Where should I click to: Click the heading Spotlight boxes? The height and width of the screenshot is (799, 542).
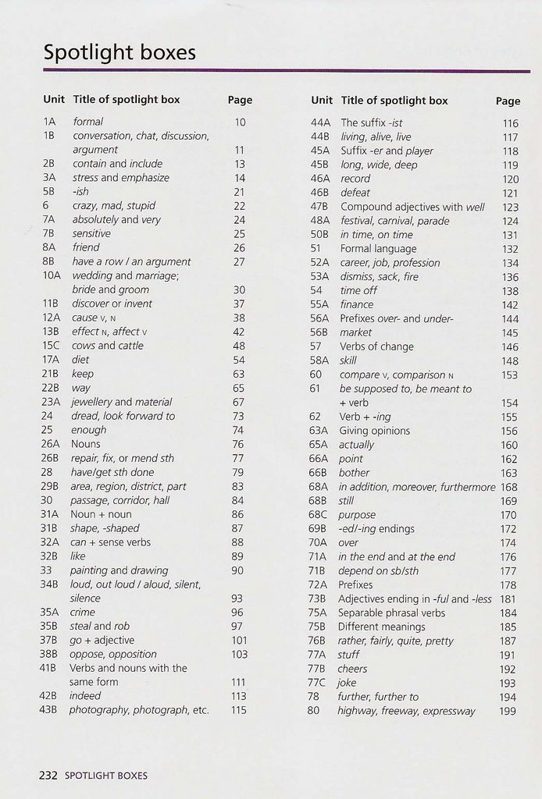pos(119,53)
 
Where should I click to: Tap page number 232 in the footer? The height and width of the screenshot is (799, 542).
pos(48,776)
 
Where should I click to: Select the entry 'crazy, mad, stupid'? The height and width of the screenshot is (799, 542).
pos(114,206)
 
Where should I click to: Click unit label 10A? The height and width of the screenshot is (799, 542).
pos(52,275)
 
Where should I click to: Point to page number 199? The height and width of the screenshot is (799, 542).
pos(508,712)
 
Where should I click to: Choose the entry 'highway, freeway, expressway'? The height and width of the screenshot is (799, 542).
pos(406,711)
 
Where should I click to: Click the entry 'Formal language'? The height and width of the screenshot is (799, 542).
pos(378,249)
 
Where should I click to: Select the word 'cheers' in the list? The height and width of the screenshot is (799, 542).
pos(352,669)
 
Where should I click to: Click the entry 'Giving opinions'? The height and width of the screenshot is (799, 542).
pos(375,431)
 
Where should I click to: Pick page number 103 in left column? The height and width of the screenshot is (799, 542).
pos(239,655)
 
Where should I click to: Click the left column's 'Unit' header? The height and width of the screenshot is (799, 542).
pos(54,100)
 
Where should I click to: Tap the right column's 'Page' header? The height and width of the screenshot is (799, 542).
pos(508,101)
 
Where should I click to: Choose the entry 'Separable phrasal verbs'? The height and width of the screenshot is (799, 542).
pos(391,613)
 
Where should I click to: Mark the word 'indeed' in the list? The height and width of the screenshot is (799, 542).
pos(85,696)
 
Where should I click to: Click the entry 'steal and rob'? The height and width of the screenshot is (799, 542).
pos(100,627)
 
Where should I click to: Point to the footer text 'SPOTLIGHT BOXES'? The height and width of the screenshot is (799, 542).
pos(105,776)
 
